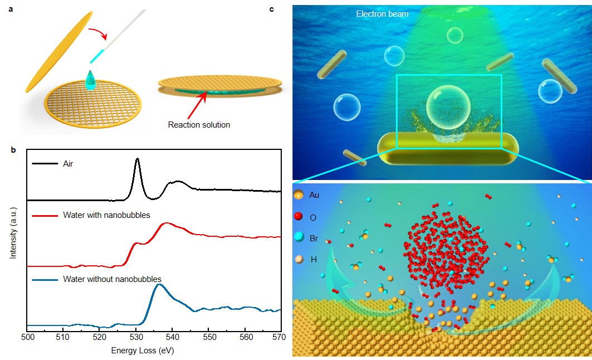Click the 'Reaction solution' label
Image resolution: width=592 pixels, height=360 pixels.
pyautogui.click(x=199, y=125)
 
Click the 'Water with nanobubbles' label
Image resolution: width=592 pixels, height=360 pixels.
pyautogui.click(x=106, y=215)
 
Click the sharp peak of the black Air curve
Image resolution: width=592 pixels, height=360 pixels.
pyautogui.click(x=137, y=159)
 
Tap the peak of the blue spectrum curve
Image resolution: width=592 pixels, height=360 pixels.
pyautogui.click(x=159, y=285)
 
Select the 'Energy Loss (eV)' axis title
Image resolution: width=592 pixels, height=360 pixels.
pyautogui.click(x=146, y=351)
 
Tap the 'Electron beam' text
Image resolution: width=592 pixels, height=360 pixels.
pyautogui.click(x=382, y=14)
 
